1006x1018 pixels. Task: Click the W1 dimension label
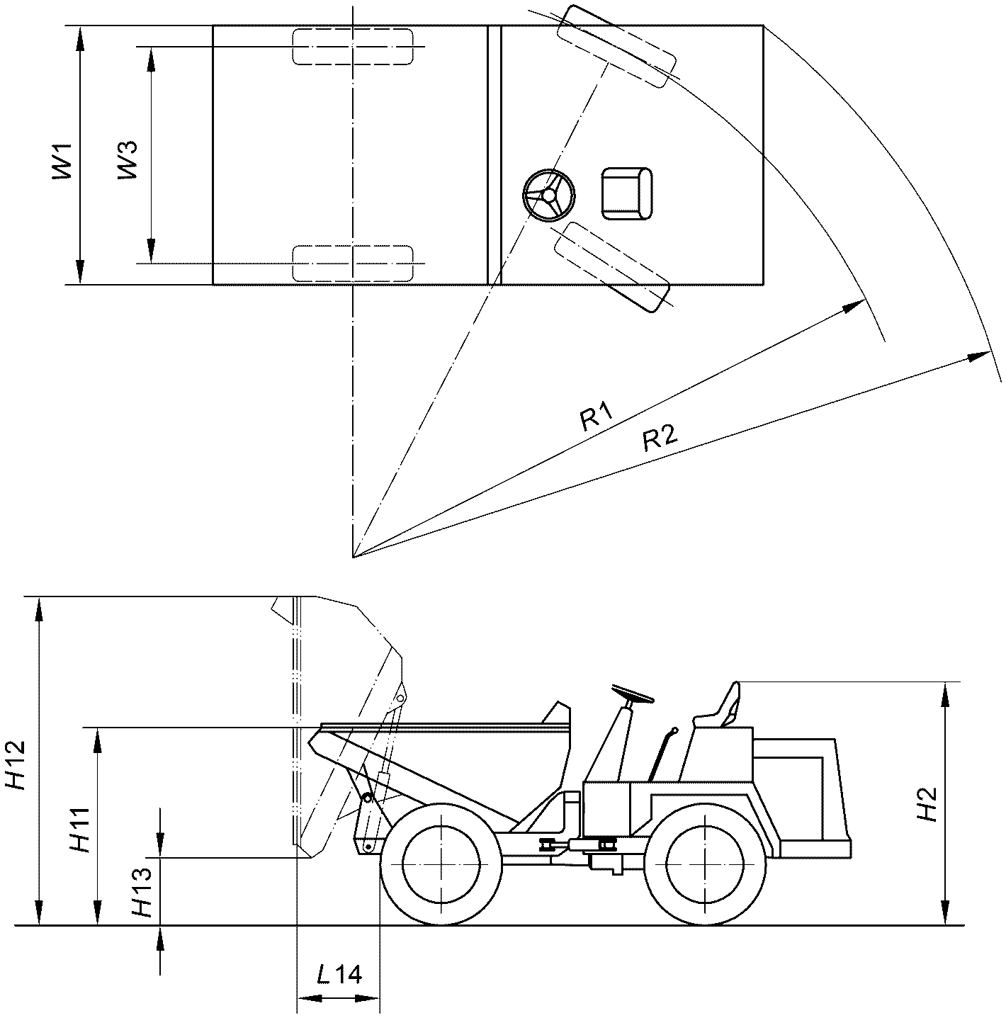coord(62,161)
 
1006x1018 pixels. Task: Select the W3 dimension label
coord(128,160)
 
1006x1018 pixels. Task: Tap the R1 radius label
coord(597,416)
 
